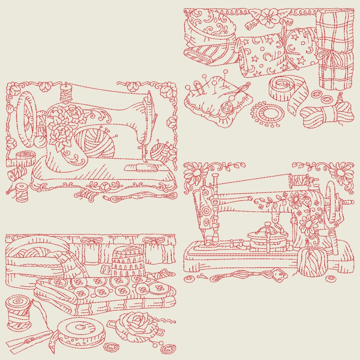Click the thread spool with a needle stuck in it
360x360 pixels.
[x=18, y=312]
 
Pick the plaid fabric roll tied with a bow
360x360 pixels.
[x=335, y=48]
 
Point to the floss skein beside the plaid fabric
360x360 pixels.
[x=327, y=113]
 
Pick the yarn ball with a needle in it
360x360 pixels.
[x=309, y=262]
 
